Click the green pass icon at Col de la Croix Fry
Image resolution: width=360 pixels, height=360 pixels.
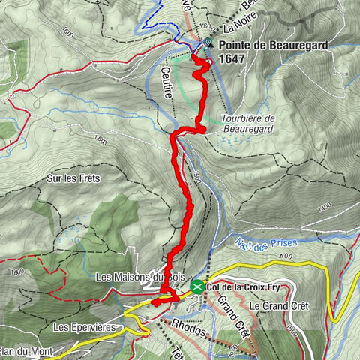click(x=197, y=286)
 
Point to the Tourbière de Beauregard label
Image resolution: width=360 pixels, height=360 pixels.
click(x=249, y=124)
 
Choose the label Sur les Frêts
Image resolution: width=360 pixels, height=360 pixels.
click(x=73, y=178)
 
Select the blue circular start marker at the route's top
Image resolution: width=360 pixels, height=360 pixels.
click(x=207, y=42)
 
